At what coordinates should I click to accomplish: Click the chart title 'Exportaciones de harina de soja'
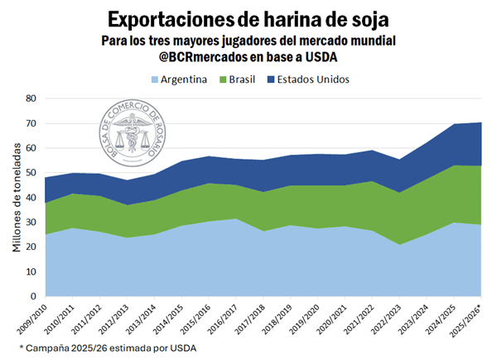248,17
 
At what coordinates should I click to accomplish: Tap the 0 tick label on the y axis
33,296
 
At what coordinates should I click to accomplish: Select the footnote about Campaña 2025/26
108,348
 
